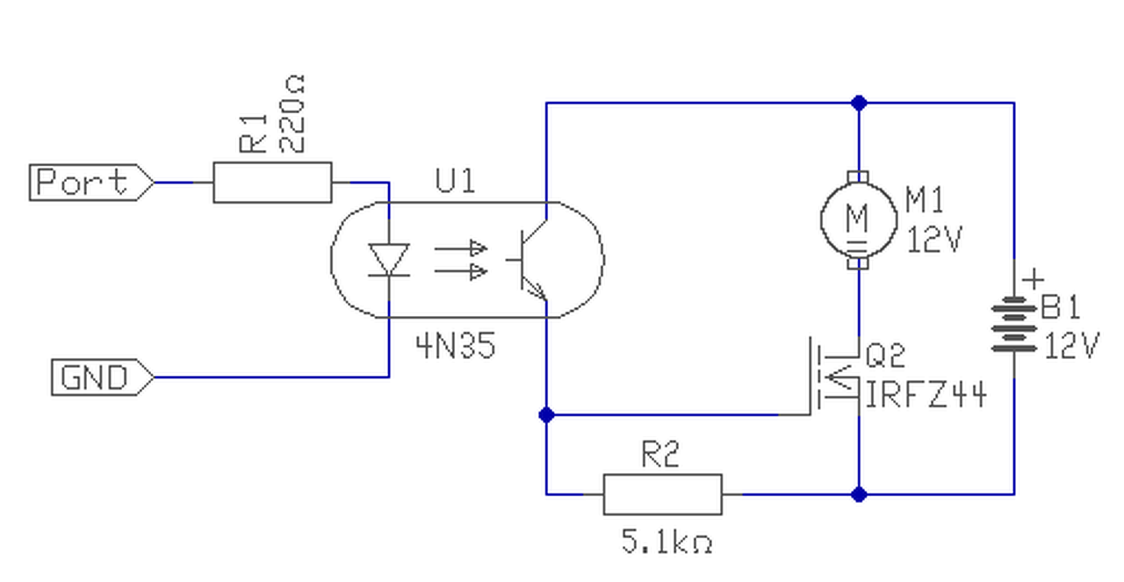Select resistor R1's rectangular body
(x=272, y=182)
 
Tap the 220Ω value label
(x=291, y=114)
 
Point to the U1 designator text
(x=455, y=181)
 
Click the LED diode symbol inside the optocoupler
(x=389, y=260)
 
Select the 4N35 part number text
(x=456, y=346)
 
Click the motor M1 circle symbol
(x=859, y=219)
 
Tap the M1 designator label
(x=925, y=199)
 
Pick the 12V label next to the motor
(x=933, y=240)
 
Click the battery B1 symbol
(x=1014, y=324)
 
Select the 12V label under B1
(x=1072, y=345)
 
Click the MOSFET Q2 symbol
(x=833, y=377)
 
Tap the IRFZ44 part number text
(x=926, y=395)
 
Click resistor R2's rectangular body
(x=662, y=494)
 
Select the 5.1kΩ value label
(x=666, y=542)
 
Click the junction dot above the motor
(x=859, y=103)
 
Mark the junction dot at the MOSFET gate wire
(x=546, y=415)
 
